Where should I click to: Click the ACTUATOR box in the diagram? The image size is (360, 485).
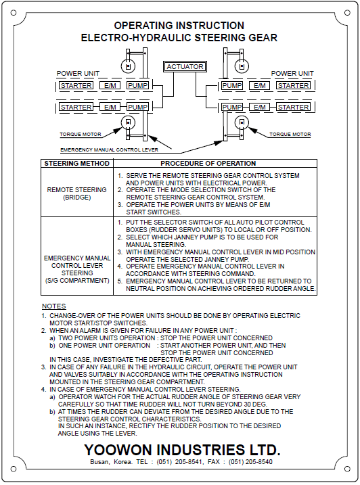click(184, 67)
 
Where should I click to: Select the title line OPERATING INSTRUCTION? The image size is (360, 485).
click(179, 26)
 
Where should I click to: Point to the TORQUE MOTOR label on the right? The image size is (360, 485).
click(290, 135)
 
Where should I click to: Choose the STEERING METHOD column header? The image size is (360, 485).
click(76, 164)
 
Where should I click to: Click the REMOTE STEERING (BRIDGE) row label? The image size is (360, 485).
click(76, 193)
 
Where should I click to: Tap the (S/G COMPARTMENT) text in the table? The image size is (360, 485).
click(76, 280)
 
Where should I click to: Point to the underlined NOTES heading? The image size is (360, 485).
click(54, 306)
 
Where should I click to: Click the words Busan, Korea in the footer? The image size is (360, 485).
click(109, 462)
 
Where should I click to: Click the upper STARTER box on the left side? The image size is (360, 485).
click(76, 86)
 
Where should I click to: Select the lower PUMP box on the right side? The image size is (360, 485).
click(232, 107)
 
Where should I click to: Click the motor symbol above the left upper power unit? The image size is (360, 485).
click(126, 65)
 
